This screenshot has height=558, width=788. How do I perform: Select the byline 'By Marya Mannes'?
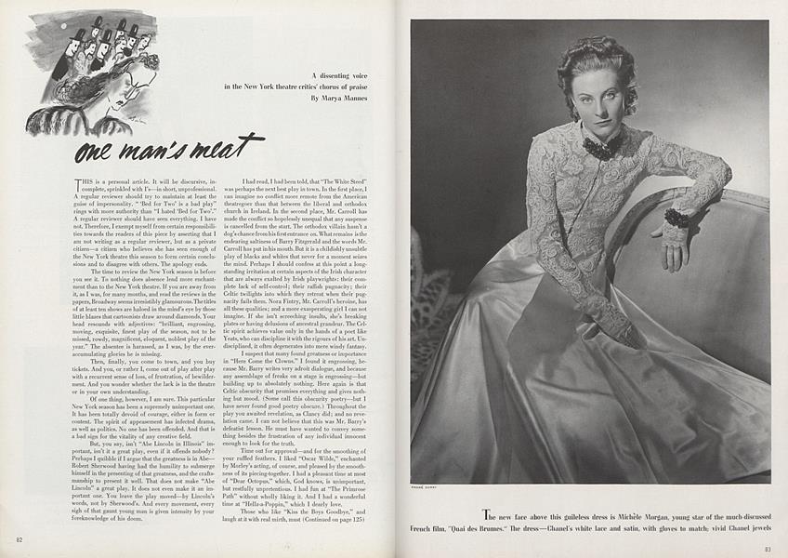click(x=345, y=97)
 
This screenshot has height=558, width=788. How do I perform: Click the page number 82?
click(x=20, y=539)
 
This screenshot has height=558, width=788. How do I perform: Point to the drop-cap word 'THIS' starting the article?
click(x=85, y=180)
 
